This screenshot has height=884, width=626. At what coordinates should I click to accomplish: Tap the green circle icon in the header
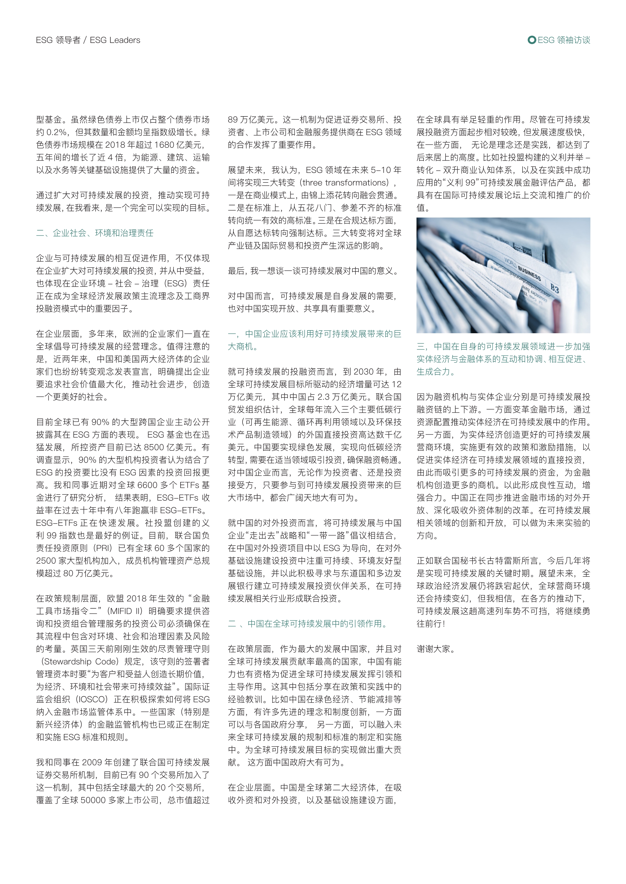point(532,40)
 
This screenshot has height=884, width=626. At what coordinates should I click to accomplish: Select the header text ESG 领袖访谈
point(564,40)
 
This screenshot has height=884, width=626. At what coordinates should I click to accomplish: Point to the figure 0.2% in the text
point(57,132)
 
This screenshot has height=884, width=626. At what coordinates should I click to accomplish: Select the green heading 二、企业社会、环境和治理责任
point(95,233)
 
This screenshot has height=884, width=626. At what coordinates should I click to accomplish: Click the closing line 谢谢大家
point(436,649)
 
